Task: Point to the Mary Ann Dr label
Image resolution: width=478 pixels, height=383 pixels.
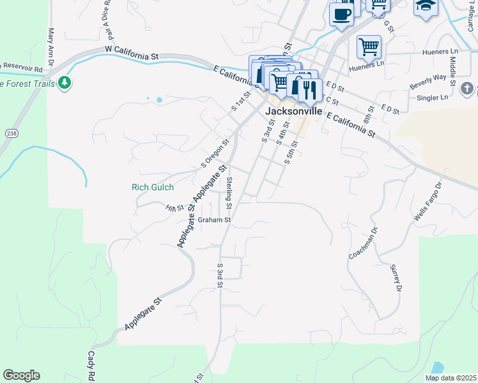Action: (x=50, y=44)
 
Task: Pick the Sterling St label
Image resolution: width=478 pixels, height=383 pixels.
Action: (x=229, y=193)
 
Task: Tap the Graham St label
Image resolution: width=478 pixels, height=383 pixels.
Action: (x=213, y=220)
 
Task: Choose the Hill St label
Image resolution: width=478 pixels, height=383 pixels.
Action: (x=174, y=208)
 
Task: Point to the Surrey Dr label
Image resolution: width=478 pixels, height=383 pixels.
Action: (x=396, y=280)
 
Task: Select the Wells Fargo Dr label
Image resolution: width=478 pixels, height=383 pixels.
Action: (x=428, y=202)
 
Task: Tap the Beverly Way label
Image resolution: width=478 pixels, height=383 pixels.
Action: (x=428, y=80)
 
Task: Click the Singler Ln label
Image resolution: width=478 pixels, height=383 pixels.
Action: (x=432, y=98)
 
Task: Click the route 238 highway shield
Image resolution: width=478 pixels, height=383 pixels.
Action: (x=12, y=133)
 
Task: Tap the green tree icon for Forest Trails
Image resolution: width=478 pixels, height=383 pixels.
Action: (x=64, y=82)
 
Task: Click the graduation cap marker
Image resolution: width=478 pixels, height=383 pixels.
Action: (x=425, y=8)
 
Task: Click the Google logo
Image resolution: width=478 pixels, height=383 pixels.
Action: (x=22, y=375)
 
